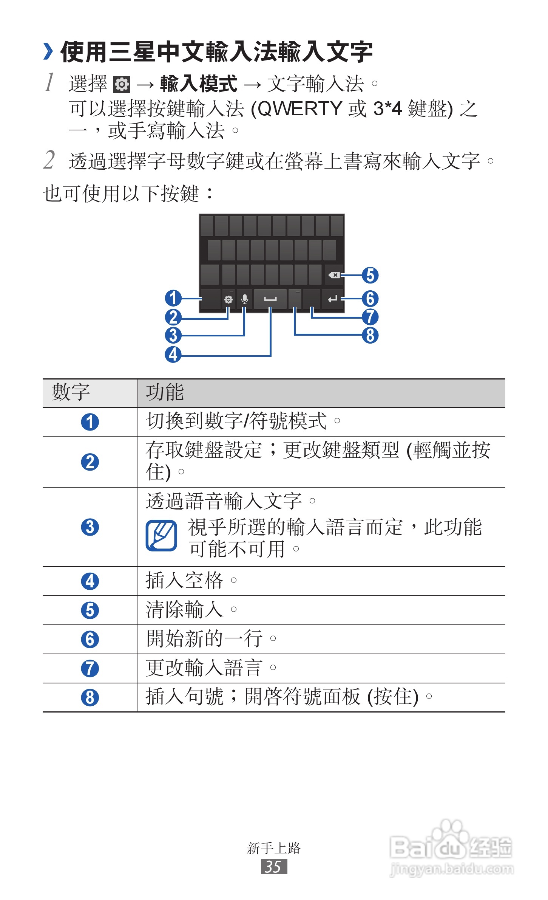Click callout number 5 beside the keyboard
click(x=370, y=275)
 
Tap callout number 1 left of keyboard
click(x=173, y=298)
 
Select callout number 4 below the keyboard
click(x=173, y=355)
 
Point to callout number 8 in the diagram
click(x=370, y=335)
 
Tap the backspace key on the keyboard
click(x=334, y=275)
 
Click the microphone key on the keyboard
click(x=245, y=299)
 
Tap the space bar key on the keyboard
click(x=270, y=299)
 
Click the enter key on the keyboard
click(x=332, y=299)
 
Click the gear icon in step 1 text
click(x=122, y=84)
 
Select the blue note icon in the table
click(x=161, y=536)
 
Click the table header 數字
click(x=71, y=392)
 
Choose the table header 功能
click(x=165, y=392)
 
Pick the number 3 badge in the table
click(x=90, y=527)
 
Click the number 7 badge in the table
click(x=90, y=668)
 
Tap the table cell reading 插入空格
click(x=185, y=581)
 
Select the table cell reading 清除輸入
click(x=185, y=610)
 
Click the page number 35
click(x=273, y=867)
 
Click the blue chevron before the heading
click(x=48, y=51)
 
